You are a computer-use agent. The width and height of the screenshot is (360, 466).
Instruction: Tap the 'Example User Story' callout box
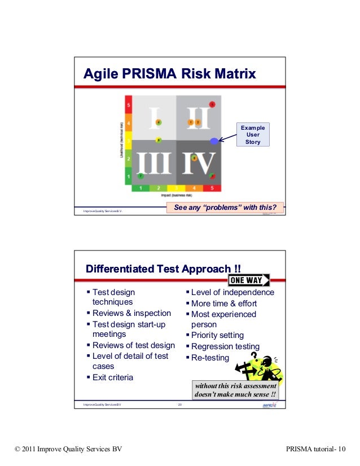253,134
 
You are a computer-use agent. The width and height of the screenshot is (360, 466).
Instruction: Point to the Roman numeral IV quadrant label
198,163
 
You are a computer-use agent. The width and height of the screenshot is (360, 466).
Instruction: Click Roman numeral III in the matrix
153,163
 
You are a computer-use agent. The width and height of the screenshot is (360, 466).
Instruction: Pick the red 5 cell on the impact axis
212,188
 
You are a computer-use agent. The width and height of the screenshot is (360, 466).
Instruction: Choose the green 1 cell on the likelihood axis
129,177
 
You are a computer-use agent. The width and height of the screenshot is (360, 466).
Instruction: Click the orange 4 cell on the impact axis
194,188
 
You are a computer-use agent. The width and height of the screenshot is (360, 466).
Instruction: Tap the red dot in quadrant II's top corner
212,104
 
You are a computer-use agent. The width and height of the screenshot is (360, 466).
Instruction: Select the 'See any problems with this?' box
226,208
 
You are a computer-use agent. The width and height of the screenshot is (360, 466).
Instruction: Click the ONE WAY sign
248,280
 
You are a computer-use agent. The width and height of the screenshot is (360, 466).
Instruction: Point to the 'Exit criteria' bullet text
112,377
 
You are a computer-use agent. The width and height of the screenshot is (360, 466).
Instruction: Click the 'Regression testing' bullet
225,346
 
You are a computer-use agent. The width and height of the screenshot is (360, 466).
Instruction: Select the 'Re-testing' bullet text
210,358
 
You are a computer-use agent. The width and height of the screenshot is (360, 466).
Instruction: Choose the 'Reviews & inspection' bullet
131,313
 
